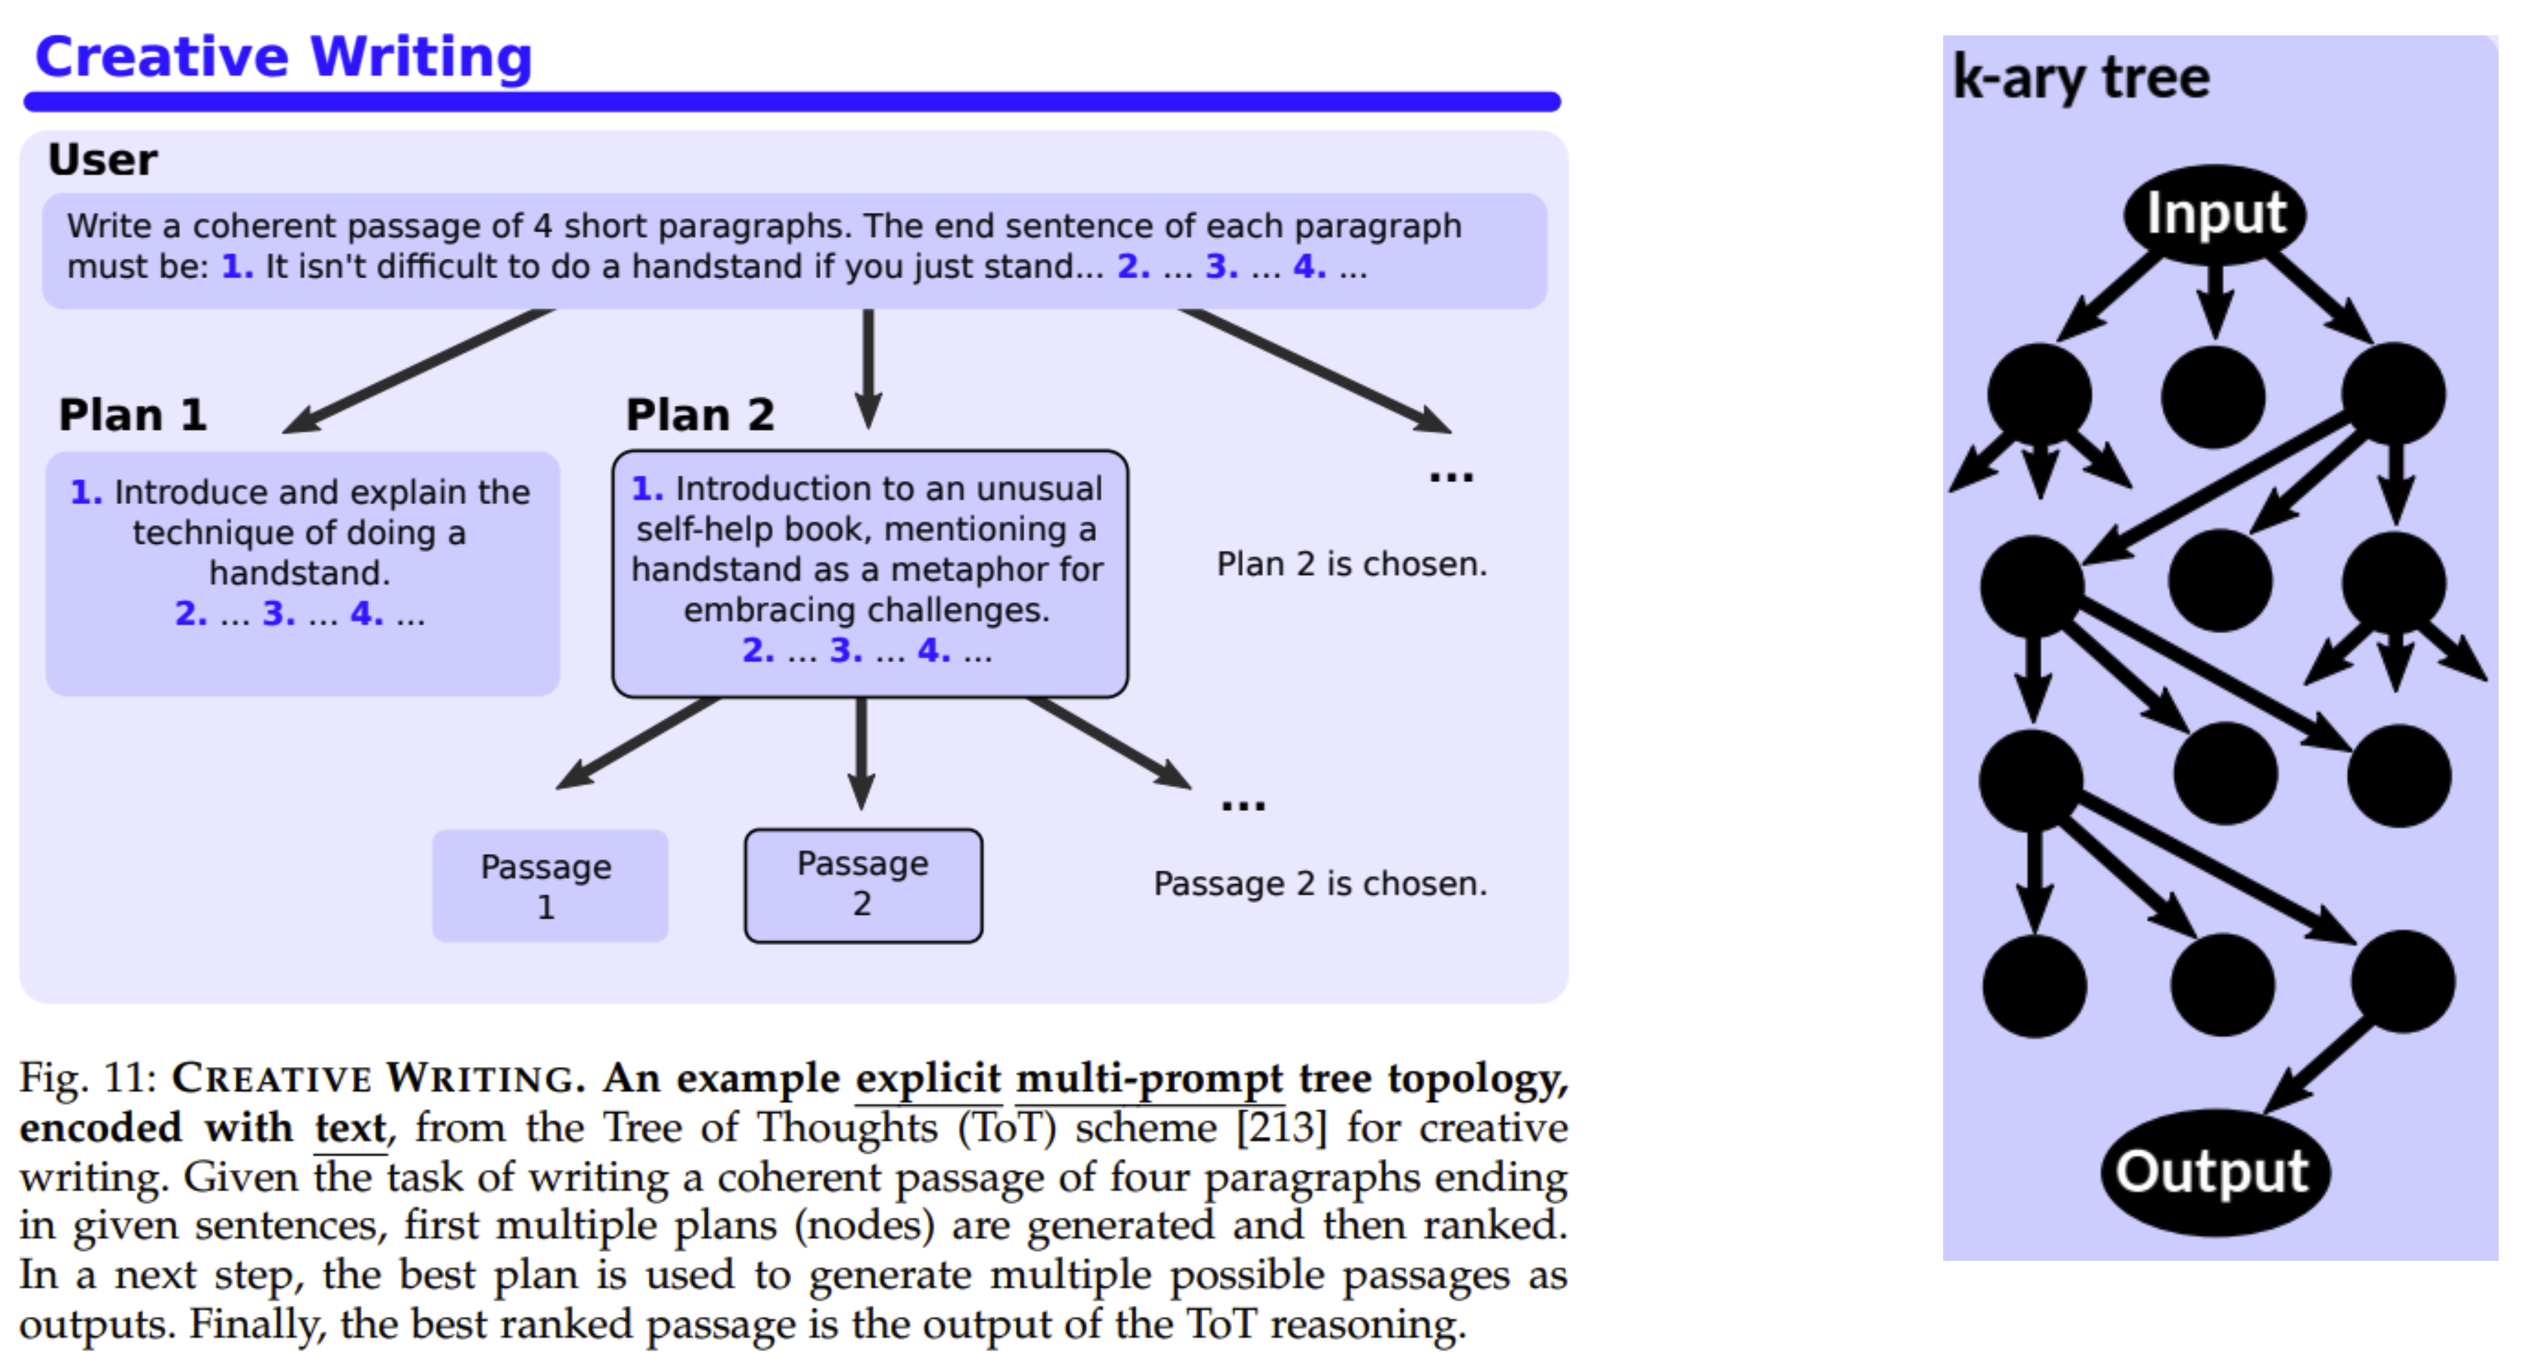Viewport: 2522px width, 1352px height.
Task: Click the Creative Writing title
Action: pos(283,57)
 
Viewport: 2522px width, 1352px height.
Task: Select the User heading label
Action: pos(103,160)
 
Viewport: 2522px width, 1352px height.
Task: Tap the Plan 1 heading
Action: pos(133,415)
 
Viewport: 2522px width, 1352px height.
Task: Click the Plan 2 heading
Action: pos(700,415)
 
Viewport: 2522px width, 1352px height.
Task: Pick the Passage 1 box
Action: pos(550,886)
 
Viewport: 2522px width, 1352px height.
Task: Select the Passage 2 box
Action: pos(863,885)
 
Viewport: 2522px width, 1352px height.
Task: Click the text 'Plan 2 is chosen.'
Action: pos(1351,564)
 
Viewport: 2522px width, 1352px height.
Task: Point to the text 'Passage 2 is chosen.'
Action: pos(1320,884)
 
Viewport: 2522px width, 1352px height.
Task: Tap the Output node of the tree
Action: pos(2213,1172)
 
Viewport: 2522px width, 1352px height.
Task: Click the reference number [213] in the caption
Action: pos(1282,1128)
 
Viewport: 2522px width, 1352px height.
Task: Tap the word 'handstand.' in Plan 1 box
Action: pos(300,573)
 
